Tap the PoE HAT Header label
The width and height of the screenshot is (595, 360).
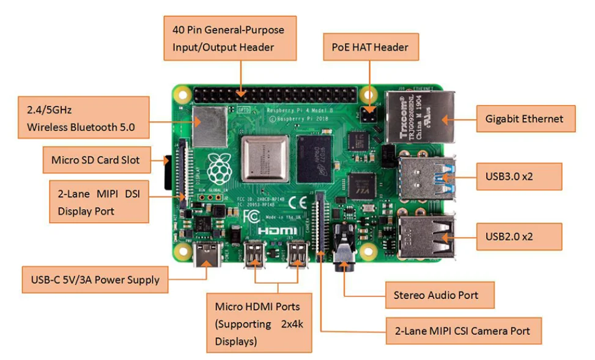(x=371, y=46)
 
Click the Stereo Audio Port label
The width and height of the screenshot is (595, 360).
(x=435, y=295)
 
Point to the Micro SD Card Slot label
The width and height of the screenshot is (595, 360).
(x=95, y=160)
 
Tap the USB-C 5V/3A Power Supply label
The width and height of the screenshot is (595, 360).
(x=95, y=280)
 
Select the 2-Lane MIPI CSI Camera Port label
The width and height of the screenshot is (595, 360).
(x=464, y=331)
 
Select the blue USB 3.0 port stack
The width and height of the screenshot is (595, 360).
(x=427, y=177)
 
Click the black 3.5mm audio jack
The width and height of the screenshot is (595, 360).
(x=343, y=257)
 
